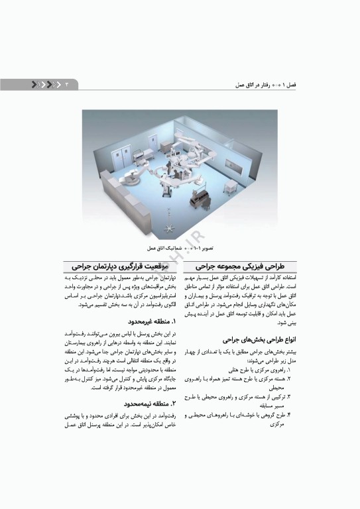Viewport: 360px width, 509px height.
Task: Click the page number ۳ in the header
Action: (66, 84)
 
